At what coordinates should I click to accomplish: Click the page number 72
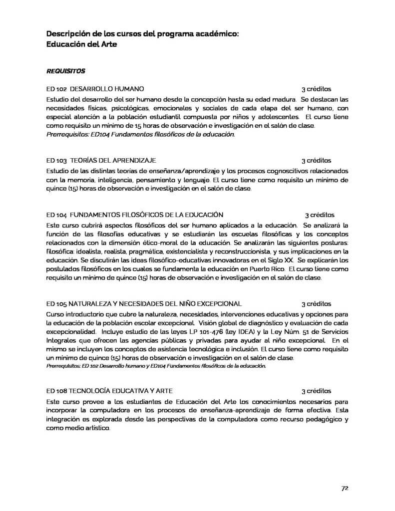point(344,488)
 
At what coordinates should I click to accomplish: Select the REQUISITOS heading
point(65,71)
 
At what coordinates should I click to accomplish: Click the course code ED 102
point(56,88)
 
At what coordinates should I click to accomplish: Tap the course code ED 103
point(56,160)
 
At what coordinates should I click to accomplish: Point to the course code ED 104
point(56,215)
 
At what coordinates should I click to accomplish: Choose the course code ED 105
point(56,303)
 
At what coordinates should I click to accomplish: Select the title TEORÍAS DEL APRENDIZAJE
point(113,160)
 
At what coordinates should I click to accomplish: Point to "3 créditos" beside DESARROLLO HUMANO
point(316,88)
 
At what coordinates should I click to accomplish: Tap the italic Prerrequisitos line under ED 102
point(140,134)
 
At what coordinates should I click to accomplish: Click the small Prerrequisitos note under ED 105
point(156,365)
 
